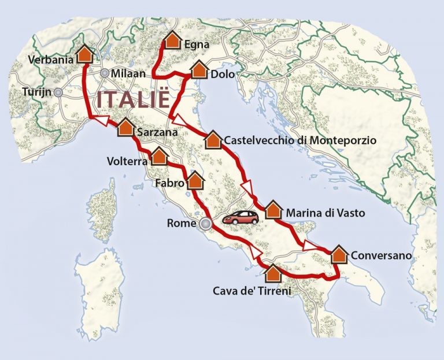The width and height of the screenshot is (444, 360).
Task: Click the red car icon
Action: pyautogui.click(x=241, y=217)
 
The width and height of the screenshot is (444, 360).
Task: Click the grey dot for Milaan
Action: pyautogui.click(x=105, y=73)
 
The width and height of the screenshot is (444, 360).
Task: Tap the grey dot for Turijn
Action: pyautogui.click(x=58, y=91)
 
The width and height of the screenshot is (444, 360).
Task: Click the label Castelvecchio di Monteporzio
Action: pyautogui.click(x=300, y=140)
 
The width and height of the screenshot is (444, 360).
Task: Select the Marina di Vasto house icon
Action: pyautogui.click(x=273, y=210)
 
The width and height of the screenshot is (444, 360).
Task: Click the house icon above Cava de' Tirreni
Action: pyautogui.click(x=273, y=272)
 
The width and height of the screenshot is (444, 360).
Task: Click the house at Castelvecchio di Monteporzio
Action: pyautogui.click(x=213, y=139)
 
